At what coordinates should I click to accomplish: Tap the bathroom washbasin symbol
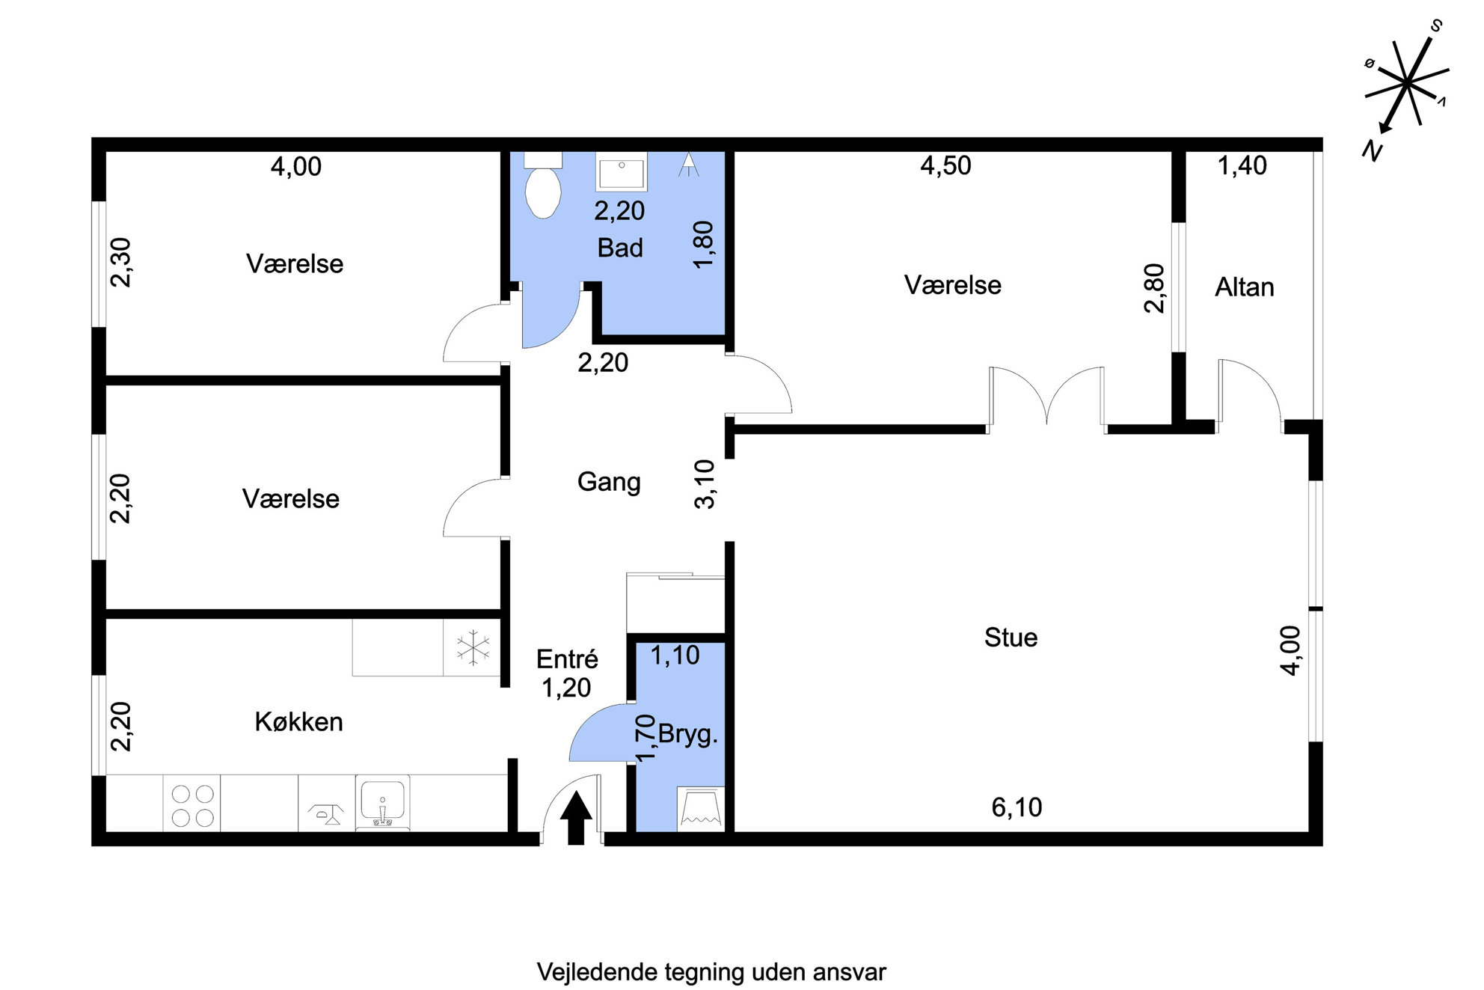point(621,171)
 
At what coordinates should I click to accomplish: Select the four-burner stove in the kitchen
point(192,804)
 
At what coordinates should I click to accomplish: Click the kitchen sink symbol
point(382,803)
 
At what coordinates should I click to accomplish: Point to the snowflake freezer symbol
point(473,648)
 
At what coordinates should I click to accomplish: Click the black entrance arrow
point(575,818)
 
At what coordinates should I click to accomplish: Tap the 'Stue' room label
point(1011,638)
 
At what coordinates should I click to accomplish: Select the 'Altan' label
point(1244,287)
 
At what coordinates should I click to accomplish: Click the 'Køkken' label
point(298,721)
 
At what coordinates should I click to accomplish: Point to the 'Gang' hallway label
point(609,482)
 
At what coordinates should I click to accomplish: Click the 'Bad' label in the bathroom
point(620,248)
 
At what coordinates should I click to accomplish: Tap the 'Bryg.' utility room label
point(687,734)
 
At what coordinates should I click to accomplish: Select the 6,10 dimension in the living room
point(1017,807)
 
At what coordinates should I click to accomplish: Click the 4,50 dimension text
point(945,165)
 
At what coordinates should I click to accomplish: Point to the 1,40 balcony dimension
point(1242,165)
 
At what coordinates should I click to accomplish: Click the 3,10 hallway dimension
point(705,484)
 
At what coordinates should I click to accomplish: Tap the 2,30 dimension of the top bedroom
point(120,262)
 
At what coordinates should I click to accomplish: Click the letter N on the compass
point(1372,150)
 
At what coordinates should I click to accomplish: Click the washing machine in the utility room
point(701,809)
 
